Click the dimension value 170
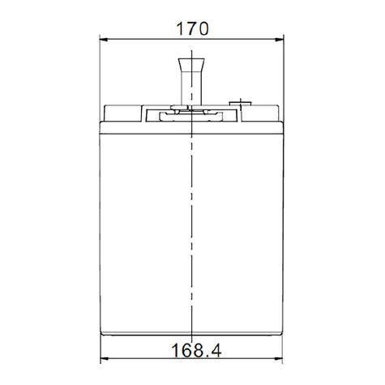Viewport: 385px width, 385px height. (x=192, y=27)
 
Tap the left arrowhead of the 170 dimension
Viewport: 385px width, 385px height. (x=103, y=38)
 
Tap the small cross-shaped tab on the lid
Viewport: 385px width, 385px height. (x=239, y=103)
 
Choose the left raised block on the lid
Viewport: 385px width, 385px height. (x=124, y=112)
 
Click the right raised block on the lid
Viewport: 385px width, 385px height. (x=259, y=112)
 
